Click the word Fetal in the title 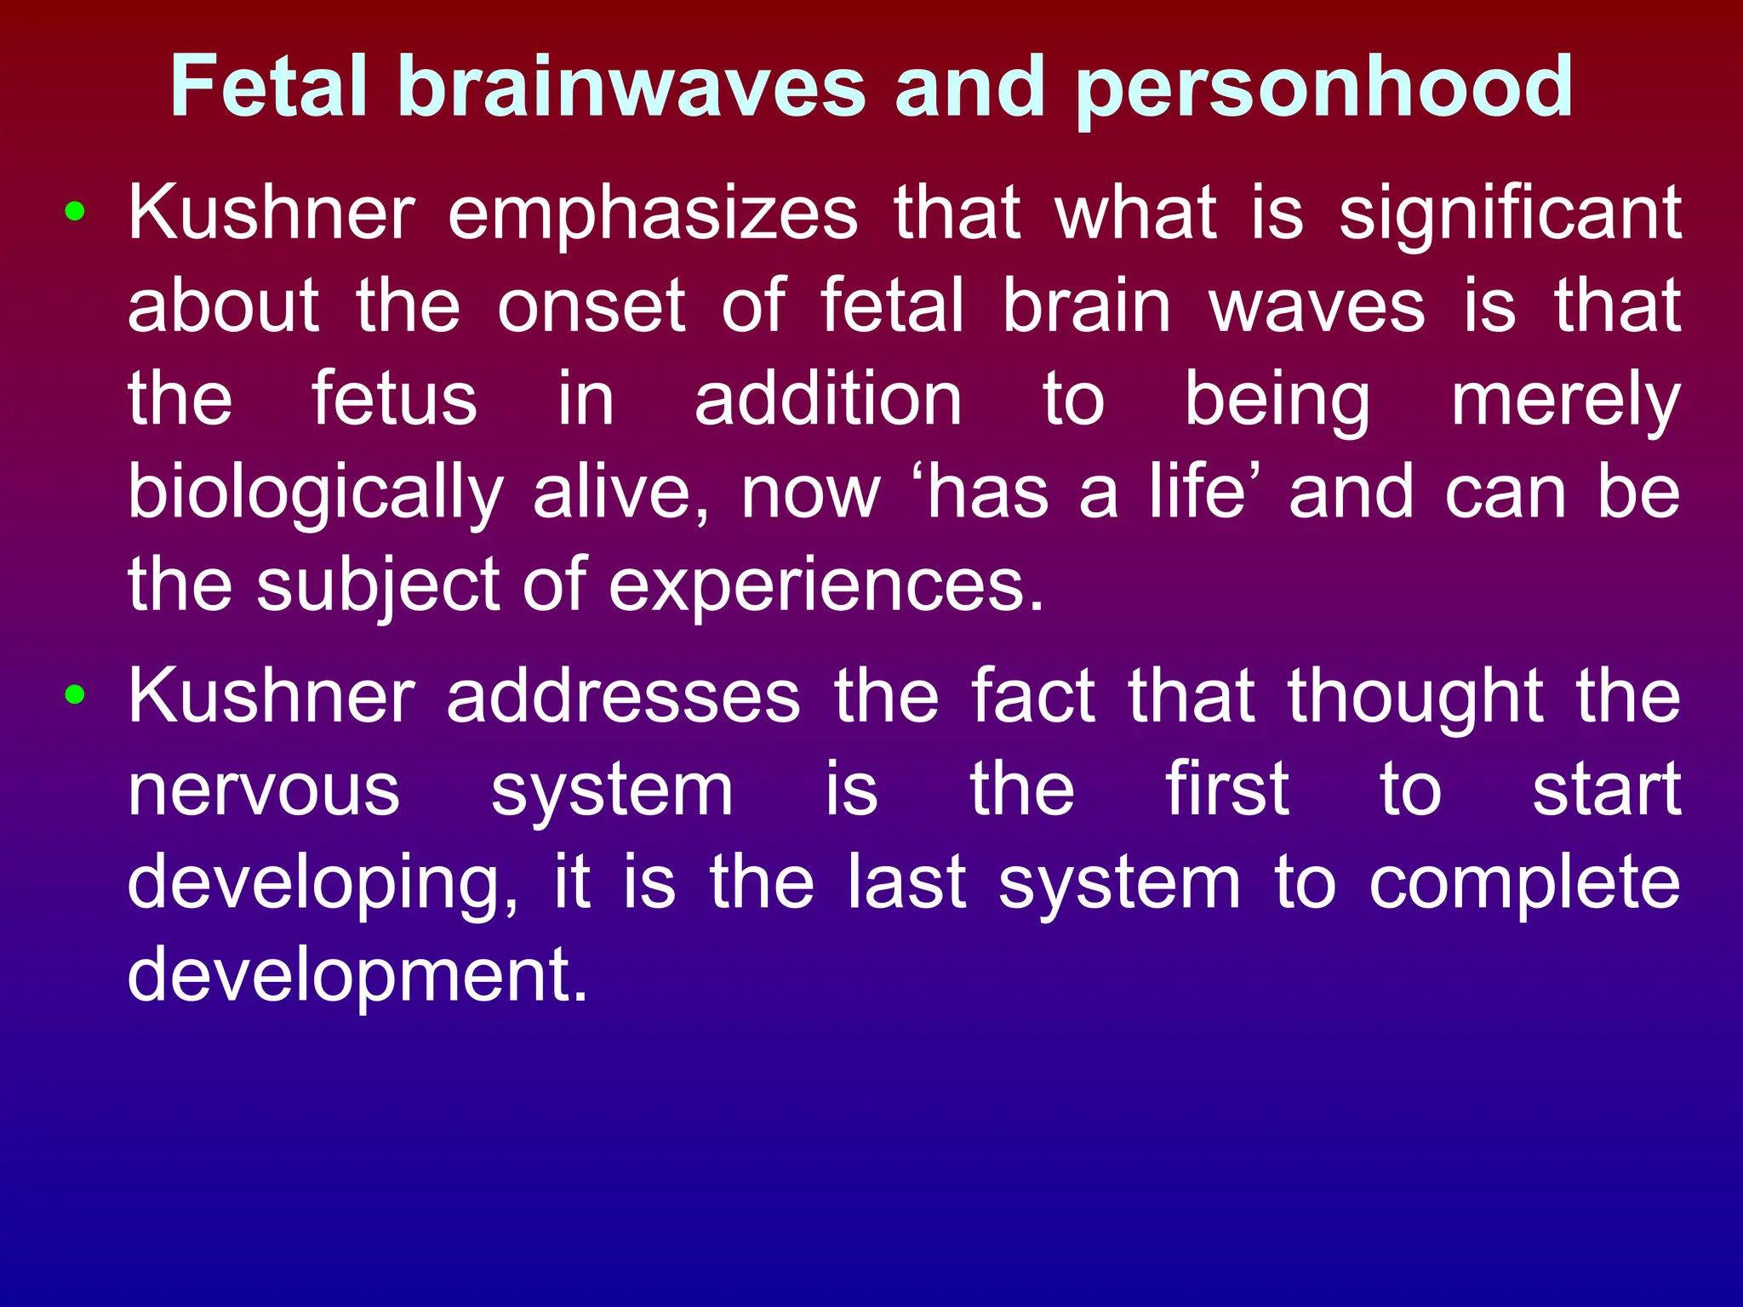point(269,86)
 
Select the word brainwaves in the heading point(632,86)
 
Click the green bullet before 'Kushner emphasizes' point(75,212)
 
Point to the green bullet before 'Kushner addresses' point(75,695)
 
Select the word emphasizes point(653,214)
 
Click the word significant point(1510,214)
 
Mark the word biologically point(316,494)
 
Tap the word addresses point(624,697)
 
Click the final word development point(357,977)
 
